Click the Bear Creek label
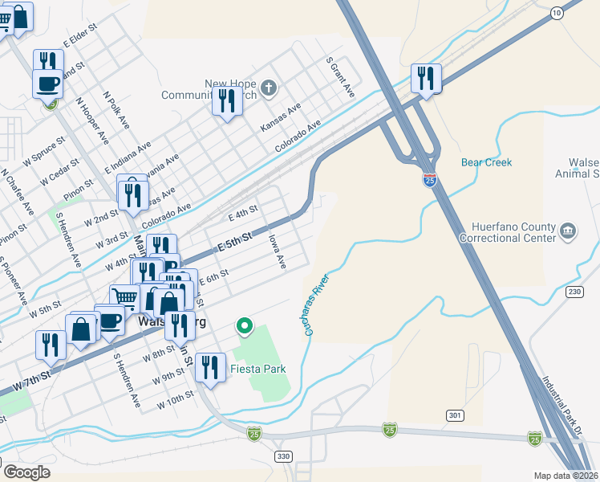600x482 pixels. pos(486,162)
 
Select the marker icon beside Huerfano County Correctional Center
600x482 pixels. pos(568,231)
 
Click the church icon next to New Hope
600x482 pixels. pos(270,87)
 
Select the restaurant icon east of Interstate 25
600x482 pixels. pos(425,78)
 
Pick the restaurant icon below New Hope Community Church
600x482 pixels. pos(227,101)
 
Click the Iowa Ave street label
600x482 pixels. pos(278,251)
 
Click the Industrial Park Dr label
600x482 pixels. pos(561,406)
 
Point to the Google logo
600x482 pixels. pos(26,472)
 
